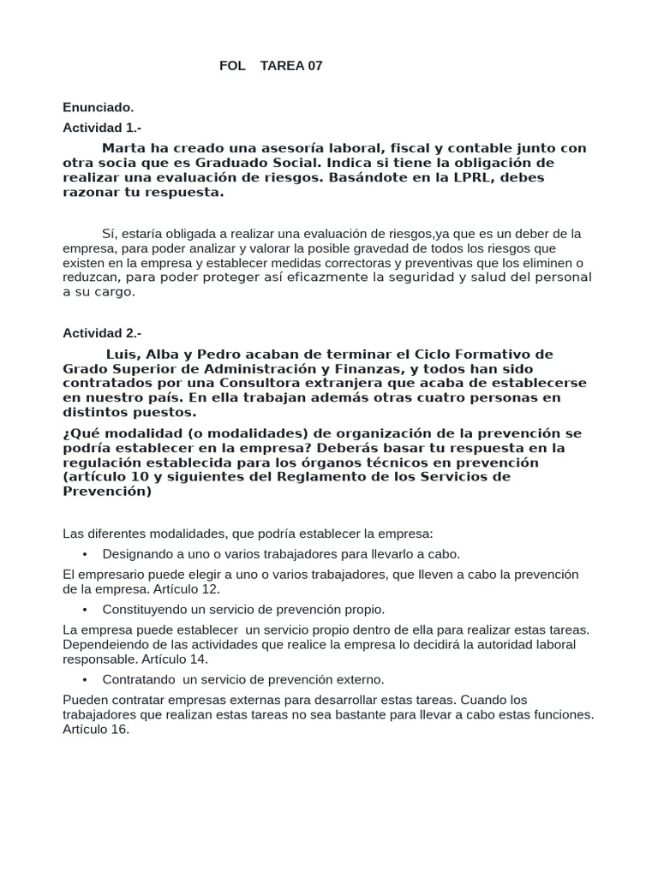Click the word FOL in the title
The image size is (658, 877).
(232, 66)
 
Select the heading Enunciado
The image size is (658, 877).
(98, 107)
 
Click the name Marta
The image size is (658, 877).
(123, 148)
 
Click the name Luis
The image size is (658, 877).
(121, 354)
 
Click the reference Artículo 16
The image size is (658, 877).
(96, 729)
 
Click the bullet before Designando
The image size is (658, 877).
(86, 553)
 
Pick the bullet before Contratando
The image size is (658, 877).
(86, 679)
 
